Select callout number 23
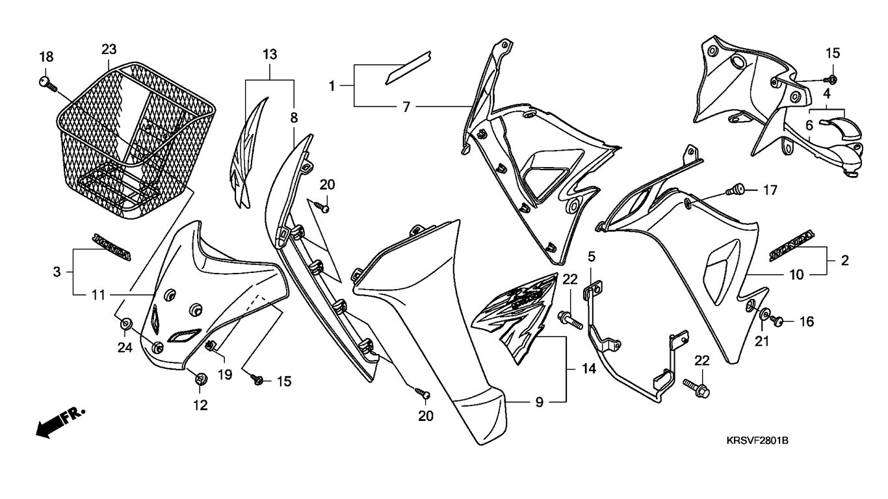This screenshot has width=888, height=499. point(109,49)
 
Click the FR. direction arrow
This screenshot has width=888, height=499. point(59,422)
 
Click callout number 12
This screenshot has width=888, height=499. point(200,405)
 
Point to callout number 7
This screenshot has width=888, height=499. point(406,106)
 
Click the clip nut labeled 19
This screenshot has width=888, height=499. point(211,346)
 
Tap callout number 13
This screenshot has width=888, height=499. point(270,53)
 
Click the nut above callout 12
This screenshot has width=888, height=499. point(200,377)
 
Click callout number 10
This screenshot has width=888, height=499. point(796,275)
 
